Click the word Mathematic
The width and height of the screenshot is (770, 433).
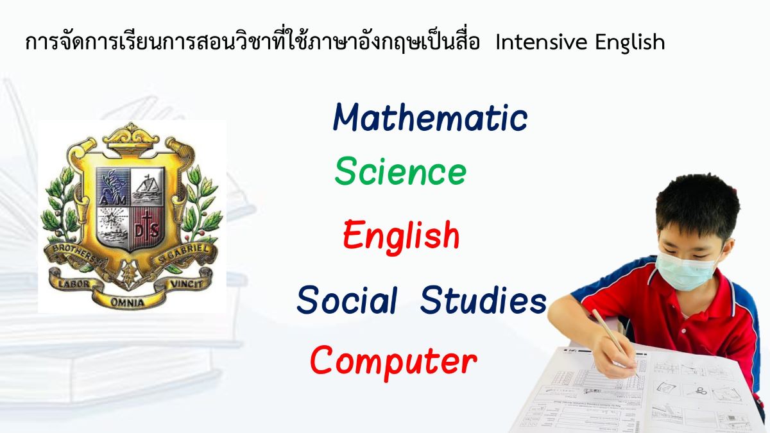430,118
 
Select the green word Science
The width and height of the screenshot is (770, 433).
400,172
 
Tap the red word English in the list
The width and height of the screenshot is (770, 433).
401,235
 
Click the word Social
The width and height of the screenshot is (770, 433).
347,300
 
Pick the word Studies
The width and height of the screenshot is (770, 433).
483,300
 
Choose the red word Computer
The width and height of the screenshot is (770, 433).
393,361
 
